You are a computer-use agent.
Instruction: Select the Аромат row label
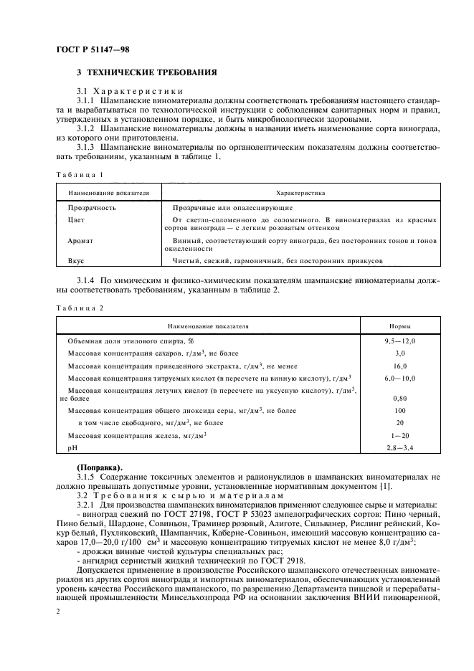click(x=80, y=242)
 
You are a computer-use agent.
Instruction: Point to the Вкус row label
click(x=76, y=262)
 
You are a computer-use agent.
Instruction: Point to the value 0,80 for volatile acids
click(x=400, y=397)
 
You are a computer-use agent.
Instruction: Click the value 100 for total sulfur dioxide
click(x=400, y=411)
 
